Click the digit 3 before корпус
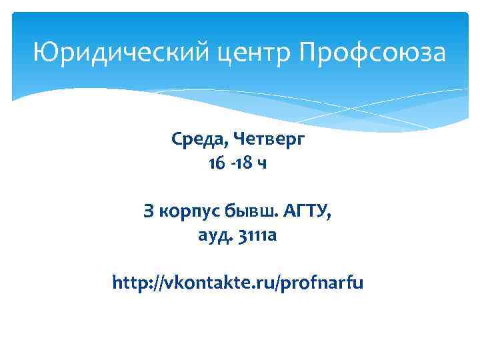(149, 212)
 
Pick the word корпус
(189, 213)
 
